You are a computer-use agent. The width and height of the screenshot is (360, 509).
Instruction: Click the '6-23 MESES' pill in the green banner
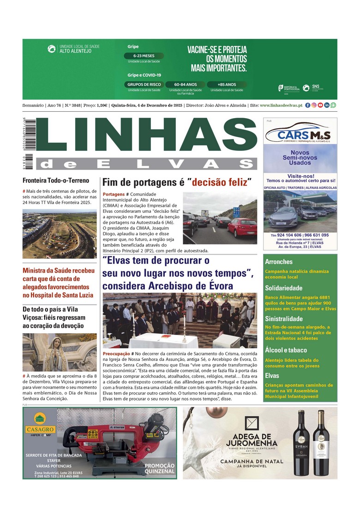[144, 56]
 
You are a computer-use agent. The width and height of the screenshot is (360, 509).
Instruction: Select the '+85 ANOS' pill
[226, 84]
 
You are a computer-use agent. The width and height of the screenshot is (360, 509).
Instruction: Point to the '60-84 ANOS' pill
[186, 84]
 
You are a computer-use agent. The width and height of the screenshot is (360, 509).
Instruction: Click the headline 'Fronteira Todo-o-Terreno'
[56, 180]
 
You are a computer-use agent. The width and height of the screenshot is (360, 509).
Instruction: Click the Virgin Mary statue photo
[59, 353]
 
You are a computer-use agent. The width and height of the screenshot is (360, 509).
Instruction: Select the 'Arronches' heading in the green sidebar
[279, 262]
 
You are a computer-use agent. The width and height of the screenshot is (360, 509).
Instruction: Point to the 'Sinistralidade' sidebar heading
[287, 318]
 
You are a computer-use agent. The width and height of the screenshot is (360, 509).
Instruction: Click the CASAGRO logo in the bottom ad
[40, 425]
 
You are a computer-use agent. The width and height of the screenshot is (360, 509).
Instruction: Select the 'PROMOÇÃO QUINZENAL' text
[159, 468]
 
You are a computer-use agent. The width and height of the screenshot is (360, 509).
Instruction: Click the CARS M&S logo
[300, 134]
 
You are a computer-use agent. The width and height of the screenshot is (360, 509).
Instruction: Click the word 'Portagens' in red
[114, 194]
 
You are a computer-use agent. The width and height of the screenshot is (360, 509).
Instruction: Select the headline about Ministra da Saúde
[59, 282]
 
